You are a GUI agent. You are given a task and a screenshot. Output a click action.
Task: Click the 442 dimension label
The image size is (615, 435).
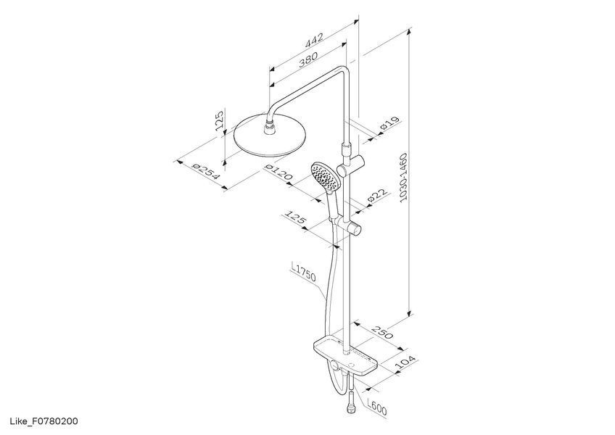[314, 40]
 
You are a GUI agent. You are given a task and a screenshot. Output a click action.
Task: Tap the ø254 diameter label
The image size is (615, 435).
[206, 171]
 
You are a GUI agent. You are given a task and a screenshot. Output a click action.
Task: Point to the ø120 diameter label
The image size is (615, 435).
[278, 172]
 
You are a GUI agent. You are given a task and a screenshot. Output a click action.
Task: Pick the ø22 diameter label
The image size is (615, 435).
[377, 195]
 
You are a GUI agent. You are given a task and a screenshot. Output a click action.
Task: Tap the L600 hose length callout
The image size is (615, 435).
[377, 407]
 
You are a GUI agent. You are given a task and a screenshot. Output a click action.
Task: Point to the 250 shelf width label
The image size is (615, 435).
[382, 332]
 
